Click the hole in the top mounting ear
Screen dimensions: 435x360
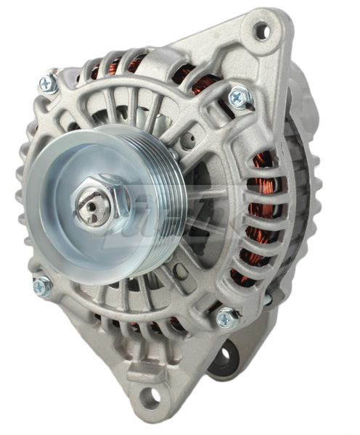[x=261, y=31]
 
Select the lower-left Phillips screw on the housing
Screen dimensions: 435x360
[x=41, y=286]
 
